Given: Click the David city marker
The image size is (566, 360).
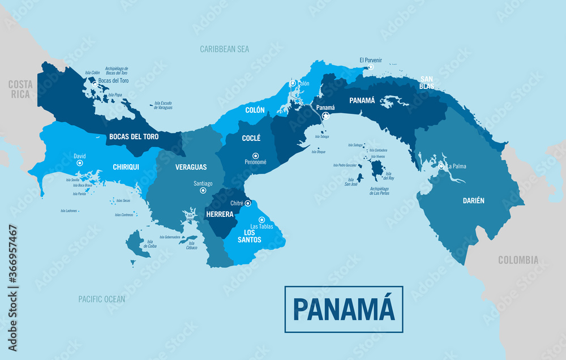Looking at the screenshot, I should [80, 163].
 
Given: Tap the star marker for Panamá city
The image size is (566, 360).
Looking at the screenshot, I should [326, 116].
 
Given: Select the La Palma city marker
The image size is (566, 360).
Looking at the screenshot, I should [441, 166].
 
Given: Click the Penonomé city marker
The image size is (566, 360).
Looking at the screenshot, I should [255, 156].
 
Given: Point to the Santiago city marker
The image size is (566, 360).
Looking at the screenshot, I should [203, 191].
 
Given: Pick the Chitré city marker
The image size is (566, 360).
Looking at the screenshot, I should [247, 203].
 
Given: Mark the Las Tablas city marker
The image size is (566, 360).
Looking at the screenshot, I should [261, 220].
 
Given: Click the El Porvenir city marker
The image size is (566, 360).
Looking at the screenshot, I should [371, 67].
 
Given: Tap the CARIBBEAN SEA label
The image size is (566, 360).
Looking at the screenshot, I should [224, 49].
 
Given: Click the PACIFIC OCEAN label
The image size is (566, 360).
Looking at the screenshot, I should [102, 299].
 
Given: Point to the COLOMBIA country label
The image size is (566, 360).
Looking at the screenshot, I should [518, 260].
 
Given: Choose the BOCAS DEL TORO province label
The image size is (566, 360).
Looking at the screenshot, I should [134, 136].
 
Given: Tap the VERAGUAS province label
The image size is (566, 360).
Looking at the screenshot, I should [191, 167].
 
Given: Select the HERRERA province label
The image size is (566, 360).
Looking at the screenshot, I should [219, 215].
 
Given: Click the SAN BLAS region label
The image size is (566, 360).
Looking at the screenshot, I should [427, 83].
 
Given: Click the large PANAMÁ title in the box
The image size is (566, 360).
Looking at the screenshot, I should [344, 309].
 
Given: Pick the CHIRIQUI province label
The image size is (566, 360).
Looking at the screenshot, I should [126, 167].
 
